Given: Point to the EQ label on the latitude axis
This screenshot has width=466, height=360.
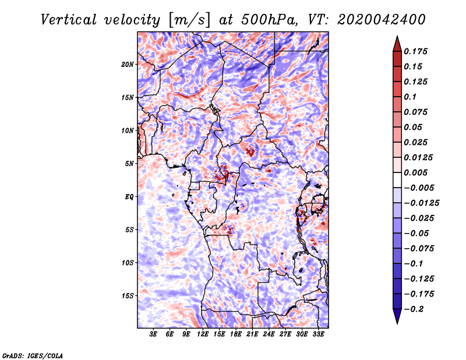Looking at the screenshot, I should (x=130, y=196).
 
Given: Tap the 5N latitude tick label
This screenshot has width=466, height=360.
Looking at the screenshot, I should (x=130, y=164).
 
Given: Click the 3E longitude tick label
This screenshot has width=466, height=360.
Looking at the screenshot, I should (x=154, y=334).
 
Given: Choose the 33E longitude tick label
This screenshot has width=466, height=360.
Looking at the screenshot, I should (x=318, y=334).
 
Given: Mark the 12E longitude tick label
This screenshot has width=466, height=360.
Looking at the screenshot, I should (x=203, y=334).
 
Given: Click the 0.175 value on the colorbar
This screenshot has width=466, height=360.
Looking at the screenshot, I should (x=416, y=51).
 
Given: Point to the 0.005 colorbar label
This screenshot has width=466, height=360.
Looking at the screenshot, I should (x=416, y=172).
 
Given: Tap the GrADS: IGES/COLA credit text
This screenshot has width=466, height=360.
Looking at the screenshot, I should (x=32, y=355).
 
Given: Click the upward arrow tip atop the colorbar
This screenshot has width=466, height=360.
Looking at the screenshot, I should (x=397, y=38).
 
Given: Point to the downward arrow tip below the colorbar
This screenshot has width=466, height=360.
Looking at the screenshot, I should (x=397, y=322).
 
